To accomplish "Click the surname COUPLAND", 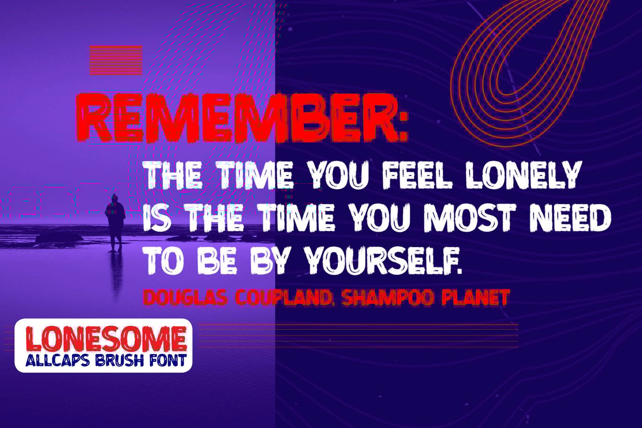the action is click(x=283, y=298).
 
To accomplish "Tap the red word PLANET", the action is click(x=476, y=298).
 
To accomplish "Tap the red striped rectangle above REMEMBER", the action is click(x=116, y=60).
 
